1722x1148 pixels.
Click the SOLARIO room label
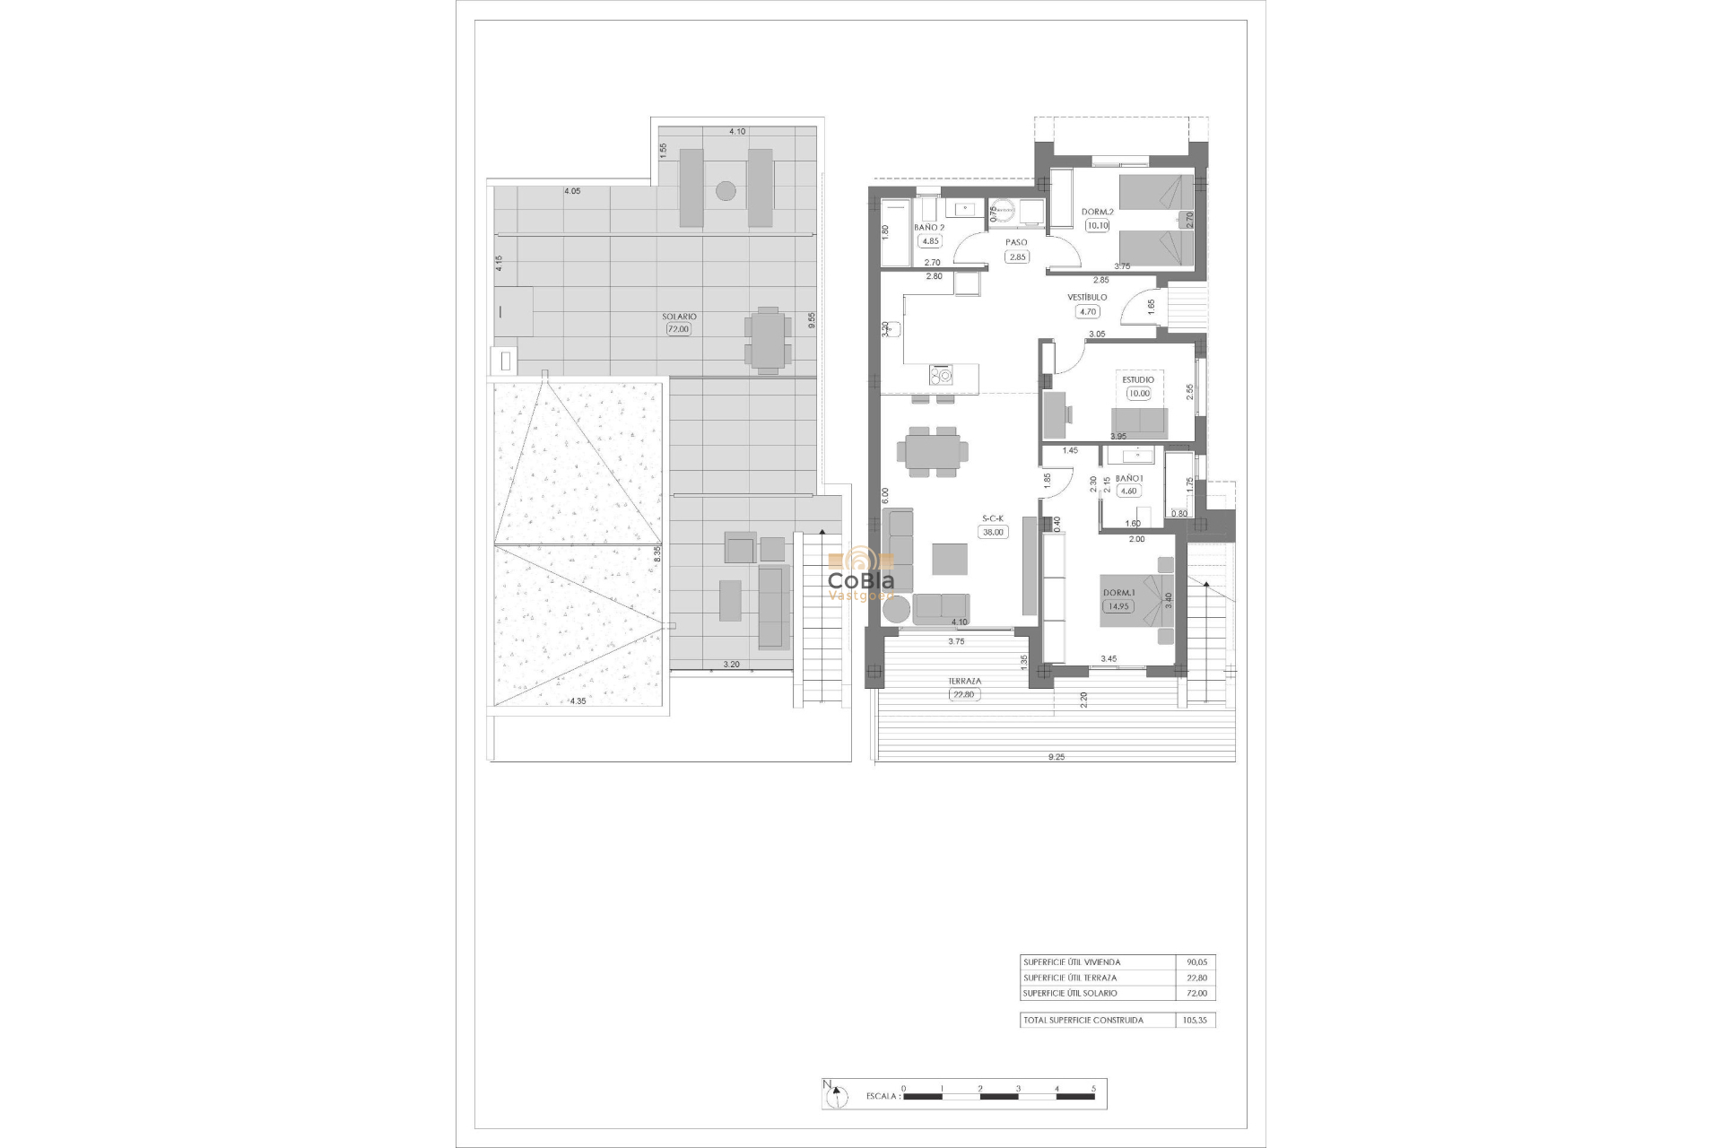[679, 317]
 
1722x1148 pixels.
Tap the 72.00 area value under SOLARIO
[679, 329]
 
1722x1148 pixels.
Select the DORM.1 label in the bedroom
[1118, 593]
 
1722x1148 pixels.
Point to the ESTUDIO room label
[1138, 379]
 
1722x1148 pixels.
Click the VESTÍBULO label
[1087, 297]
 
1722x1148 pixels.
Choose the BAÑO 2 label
[929, 228]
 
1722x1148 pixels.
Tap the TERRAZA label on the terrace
[964, 682]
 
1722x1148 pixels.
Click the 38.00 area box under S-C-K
[994, 532]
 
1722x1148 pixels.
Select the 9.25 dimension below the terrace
[1057, 757]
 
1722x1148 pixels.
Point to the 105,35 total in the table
[1196, 1020]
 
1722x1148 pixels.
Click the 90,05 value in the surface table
[1196, 962]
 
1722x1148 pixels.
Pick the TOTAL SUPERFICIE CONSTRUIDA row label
[1083, 1020]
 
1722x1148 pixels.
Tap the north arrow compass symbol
[838, 1095]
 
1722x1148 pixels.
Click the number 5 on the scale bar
[1093, 1088]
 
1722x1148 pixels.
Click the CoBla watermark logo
[860, 574]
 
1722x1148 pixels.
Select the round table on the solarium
[726, 190]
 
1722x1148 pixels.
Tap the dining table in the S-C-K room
[933, 450]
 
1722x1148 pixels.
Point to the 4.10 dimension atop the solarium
[737, 132]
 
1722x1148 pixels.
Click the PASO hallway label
[1016, 242]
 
